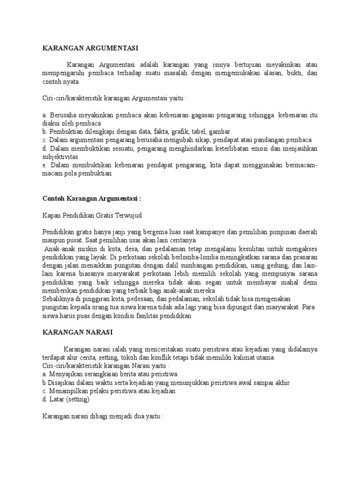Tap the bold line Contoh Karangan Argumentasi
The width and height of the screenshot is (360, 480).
91,198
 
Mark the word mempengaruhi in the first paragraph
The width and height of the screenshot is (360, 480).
65,73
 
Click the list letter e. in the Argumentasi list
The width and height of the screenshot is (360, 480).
45,165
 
